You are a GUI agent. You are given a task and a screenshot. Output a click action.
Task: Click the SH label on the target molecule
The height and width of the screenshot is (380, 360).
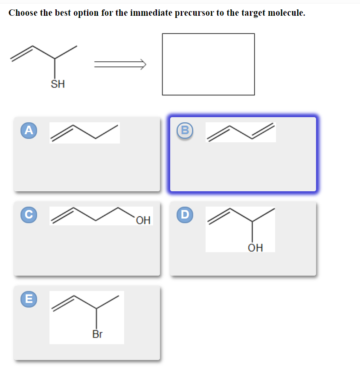coord(58,84)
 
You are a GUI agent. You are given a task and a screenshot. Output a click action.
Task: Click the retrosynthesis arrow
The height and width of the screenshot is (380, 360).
coord(120,64)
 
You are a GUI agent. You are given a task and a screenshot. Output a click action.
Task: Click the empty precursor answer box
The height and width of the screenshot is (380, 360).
coord(208,64)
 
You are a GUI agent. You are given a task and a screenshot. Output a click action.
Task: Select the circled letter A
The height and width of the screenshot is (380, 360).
coord(28,130)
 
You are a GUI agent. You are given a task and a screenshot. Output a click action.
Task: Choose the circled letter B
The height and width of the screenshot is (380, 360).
coord(184,130)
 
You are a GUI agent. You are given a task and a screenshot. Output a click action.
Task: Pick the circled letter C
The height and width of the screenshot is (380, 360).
coord(28,215)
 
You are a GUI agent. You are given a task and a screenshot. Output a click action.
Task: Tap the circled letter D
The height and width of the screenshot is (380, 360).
coord(184,215)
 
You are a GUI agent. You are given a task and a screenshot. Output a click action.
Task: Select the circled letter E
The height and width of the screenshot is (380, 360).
coord(28,299)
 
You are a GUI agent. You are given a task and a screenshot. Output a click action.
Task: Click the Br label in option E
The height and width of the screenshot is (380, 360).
coord(97,334)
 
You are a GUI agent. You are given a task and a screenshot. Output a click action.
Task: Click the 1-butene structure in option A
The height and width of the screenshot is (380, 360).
coord(84,132)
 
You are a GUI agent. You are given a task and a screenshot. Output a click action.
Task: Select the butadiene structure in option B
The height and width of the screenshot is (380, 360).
coord(241,132)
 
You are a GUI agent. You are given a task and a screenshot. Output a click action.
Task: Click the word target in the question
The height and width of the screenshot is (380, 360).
coord(253,13)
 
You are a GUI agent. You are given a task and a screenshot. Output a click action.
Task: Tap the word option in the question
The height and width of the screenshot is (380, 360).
coord(84,13)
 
